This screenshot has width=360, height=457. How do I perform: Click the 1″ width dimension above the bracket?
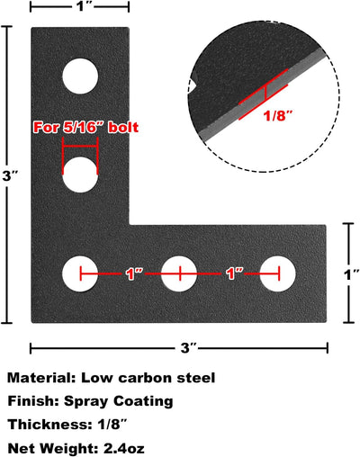click(82, 6)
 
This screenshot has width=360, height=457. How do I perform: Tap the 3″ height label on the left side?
click(10, 175)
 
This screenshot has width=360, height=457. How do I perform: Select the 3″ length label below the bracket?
click(188, 348)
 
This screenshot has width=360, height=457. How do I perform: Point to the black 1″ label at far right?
click(351, 274)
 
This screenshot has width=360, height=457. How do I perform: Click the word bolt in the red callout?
click(123, 128)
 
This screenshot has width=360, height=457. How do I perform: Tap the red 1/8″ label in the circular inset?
click(277, 115)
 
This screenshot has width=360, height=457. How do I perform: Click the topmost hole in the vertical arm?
click(80, 76)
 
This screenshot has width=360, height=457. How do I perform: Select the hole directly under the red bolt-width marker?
click(80, 175)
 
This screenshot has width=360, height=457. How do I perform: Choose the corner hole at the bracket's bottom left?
click(80, 273)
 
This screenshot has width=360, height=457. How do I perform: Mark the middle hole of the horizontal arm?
click(179, 273)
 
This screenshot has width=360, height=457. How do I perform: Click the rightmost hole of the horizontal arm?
click(278, 273)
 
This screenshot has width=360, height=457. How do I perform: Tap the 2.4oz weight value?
click(123, 449)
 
